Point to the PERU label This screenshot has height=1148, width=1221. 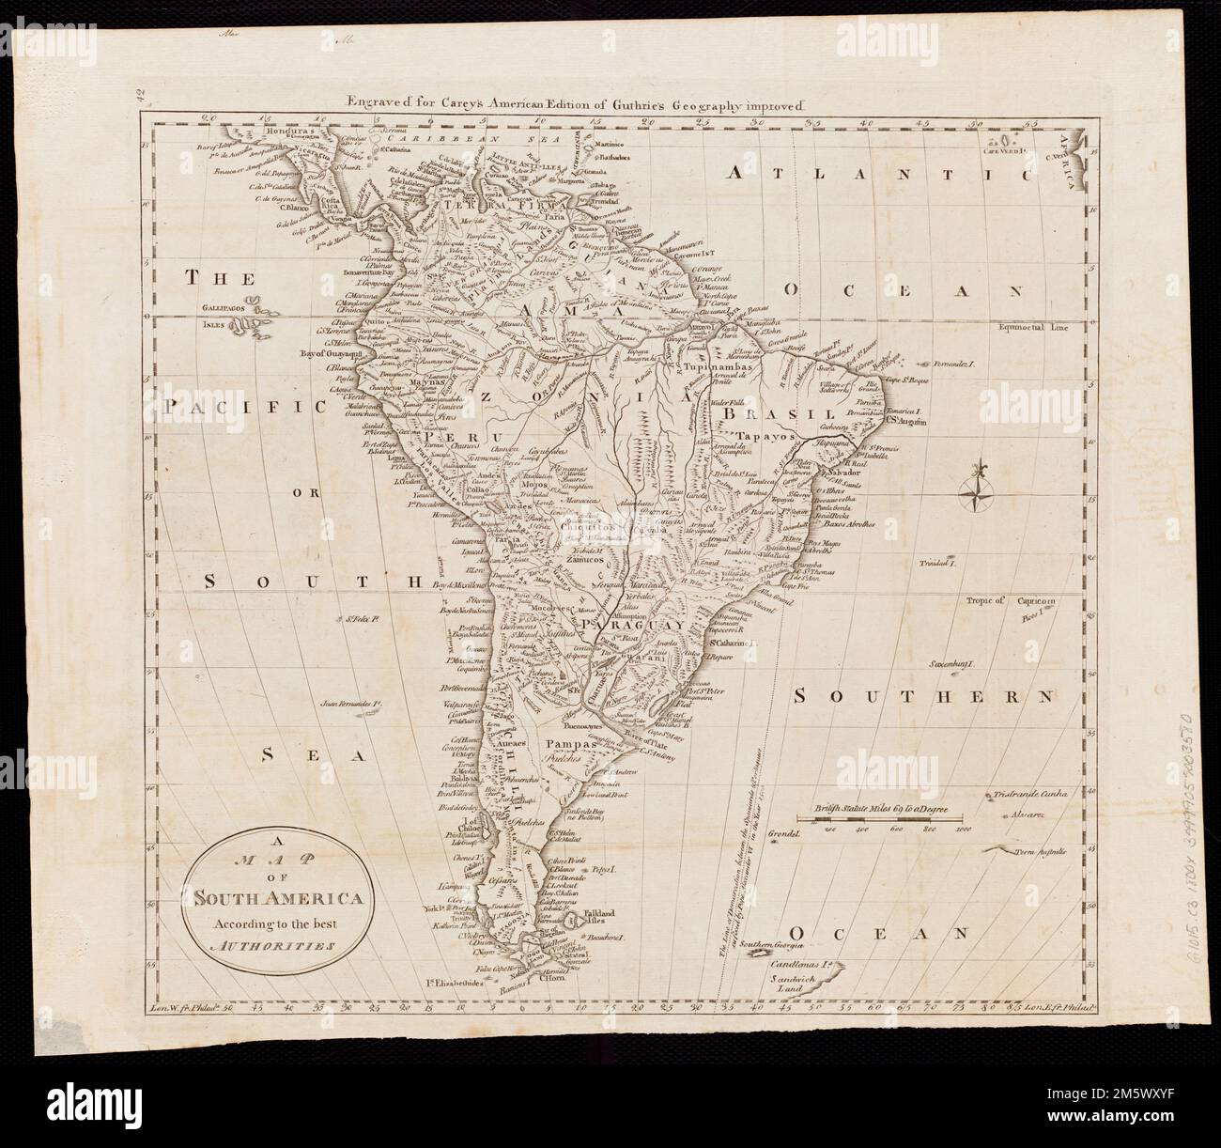point(454,437)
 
